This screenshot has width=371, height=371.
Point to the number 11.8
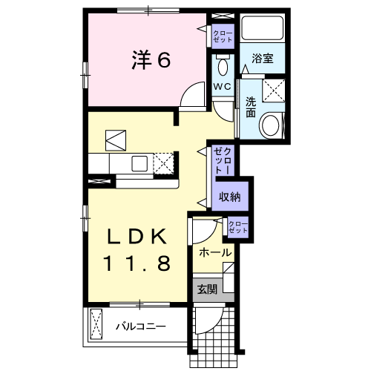(x=137, y=262)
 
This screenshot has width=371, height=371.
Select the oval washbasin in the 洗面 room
(x=271, y=124)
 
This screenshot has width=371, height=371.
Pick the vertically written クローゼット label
(x=223, y=160)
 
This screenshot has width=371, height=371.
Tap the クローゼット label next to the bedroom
(x=222, y=36)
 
